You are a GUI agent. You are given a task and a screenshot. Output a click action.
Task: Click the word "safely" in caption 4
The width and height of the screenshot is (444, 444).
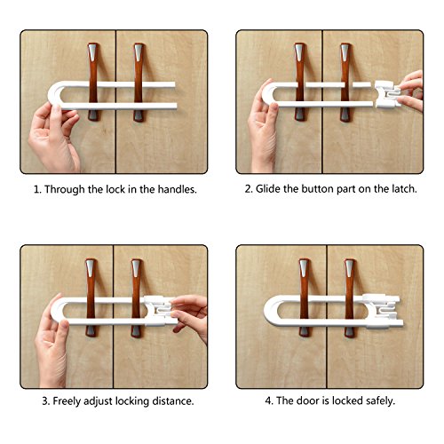[x=380, y=400]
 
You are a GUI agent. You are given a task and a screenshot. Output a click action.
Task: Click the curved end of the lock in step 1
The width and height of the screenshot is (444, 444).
[x=52, y=95]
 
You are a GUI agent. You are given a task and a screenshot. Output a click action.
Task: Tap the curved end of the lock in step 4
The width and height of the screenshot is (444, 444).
[x=269, y=310]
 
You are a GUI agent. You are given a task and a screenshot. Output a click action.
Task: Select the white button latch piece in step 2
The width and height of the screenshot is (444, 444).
[x=387, y=94]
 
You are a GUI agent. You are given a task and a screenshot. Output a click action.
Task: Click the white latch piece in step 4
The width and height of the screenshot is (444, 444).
[x=383, y=312]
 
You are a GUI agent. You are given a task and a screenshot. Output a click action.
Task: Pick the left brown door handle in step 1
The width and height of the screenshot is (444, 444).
[x=93, y=82]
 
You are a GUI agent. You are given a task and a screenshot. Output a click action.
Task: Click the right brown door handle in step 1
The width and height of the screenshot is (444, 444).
[x=139, y=82]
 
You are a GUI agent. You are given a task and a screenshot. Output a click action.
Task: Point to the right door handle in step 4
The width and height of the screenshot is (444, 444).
[x=350, y=297]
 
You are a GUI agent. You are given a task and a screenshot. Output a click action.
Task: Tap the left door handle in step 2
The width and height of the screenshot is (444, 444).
[x=300, y=82]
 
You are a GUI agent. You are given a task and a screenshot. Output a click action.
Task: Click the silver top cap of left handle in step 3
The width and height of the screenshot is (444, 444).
[x=91, y=268]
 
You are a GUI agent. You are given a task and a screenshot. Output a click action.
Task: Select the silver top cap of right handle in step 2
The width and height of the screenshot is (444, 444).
[x=345, y=52]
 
